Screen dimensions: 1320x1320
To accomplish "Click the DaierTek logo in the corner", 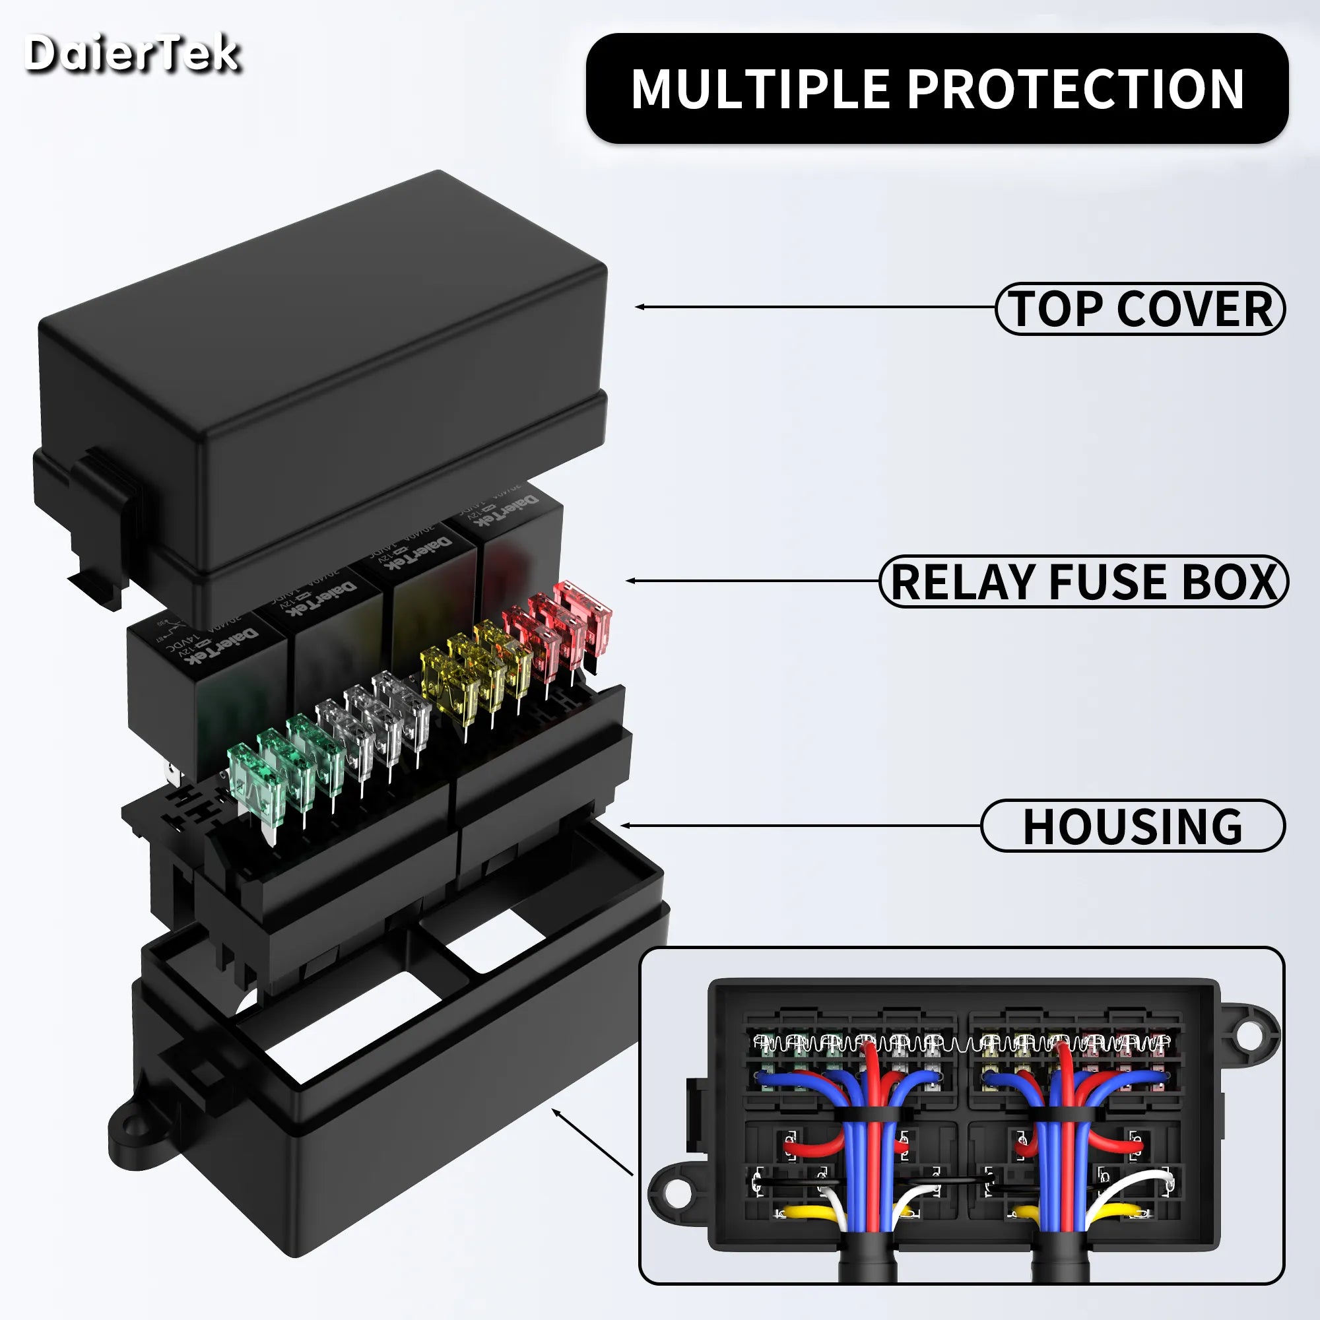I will [132, 53].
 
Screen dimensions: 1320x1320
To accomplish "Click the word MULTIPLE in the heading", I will [759, 89].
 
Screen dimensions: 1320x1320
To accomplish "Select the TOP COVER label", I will [1140, 309].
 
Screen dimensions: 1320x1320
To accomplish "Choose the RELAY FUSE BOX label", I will [1083, 581].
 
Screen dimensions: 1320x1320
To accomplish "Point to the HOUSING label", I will [1132, 826].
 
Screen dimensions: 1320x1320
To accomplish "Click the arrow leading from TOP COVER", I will [813, 308].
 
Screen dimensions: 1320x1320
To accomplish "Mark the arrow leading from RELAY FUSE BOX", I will [752, 581].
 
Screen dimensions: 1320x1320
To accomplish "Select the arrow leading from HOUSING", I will [799, 826].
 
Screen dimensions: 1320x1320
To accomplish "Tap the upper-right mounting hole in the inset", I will [1248, 1036].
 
